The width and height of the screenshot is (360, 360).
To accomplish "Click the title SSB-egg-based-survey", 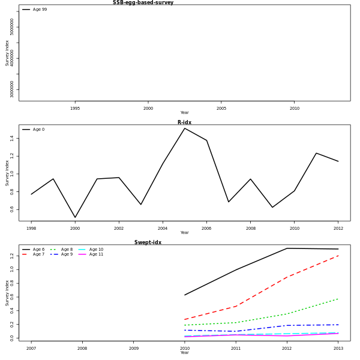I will [x=143, y=3].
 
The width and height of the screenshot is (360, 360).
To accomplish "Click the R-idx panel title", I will [x=184, y=122].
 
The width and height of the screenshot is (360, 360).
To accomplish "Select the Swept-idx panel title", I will [x=148, y=242].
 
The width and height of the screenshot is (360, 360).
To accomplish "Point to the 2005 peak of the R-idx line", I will [x=185, y=128].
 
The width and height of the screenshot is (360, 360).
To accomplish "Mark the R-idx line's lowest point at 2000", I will [x=75, y=217].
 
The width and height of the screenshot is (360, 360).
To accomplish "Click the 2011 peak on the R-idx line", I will [x=316, y=153].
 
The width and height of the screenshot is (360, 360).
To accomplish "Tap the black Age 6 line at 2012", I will [x=287, y=248].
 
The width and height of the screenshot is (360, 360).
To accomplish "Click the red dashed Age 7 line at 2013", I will [x=338, y=256].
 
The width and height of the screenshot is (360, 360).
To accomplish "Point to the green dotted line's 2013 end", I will [x=338, y=299].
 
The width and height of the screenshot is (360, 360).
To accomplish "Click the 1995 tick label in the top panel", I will [x=75, y=109].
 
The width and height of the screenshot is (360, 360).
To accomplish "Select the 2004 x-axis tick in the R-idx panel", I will [x=163, y=229].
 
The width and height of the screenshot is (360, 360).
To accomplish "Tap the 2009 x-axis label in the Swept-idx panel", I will [x=134, y=348].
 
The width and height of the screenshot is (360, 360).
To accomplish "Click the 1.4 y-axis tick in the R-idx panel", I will [x=11, y=138].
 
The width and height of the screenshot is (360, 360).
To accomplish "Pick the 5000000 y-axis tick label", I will [x=12, y=27].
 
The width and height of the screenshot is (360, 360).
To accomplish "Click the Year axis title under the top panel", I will [x=184, y=113].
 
